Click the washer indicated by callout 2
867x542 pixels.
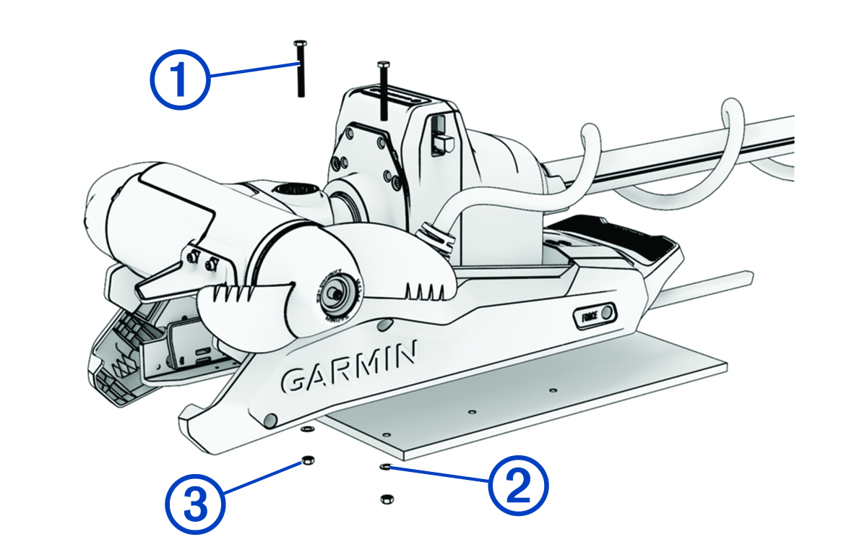[x=385, y=467]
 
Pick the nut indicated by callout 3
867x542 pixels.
[x=306, y=460]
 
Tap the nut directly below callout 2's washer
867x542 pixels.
[x=385, y=499]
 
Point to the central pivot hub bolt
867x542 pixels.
[x=334, y=294]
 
